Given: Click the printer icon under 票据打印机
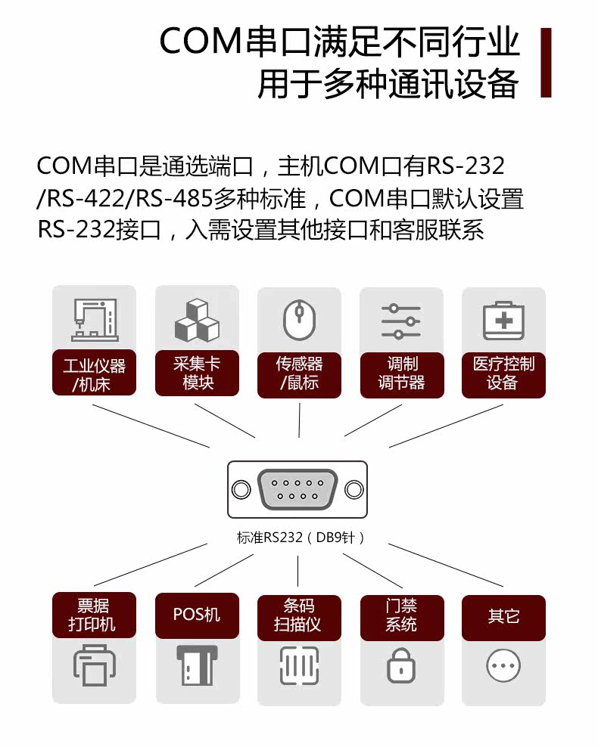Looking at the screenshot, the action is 94,665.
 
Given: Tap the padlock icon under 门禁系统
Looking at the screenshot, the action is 401,665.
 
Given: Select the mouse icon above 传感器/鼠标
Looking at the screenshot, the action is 300,320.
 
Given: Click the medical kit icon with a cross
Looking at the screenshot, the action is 503,321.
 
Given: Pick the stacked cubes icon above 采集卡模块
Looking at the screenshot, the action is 197,320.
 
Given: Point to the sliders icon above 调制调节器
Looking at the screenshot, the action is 401,321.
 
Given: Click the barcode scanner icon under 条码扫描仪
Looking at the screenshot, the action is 299,665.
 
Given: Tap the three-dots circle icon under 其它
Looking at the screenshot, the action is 503,665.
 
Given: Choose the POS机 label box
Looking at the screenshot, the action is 197,615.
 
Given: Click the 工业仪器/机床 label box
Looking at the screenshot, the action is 94,373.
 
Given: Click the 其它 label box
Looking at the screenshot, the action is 503,618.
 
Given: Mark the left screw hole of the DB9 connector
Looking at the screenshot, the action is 241,489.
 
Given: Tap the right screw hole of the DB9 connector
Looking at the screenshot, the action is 354,489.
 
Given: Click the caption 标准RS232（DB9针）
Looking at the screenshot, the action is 301,538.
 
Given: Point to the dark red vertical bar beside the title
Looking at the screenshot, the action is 546,63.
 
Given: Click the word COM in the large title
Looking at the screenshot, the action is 201,41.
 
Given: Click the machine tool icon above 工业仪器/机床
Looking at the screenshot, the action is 95,320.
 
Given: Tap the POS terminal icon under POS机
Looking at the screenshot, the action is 197,665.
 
